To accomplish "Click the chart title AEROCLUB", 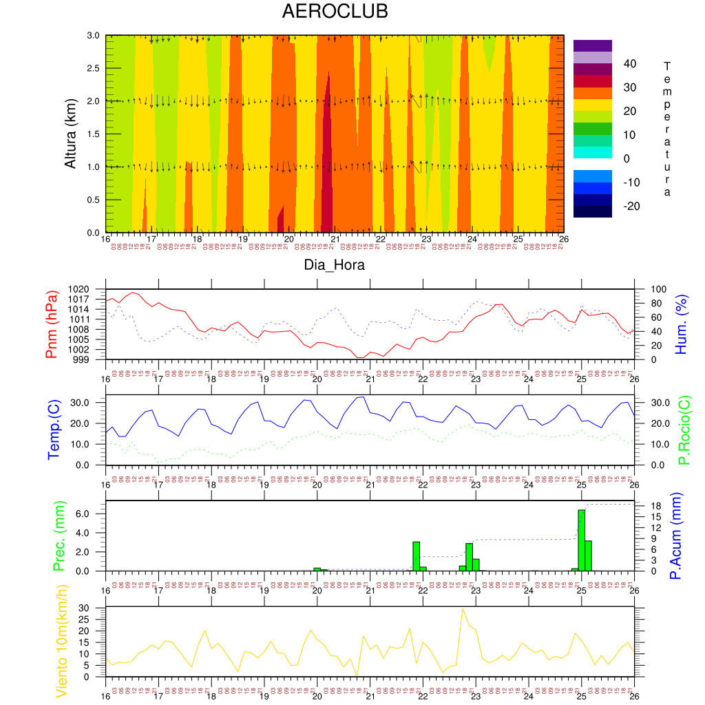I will (335, 12).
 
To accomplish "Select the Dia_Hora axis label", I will (335, 264).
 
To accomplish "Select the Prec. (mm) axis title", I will (59, 536).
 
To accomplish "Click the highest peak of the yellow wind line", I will (463, 609).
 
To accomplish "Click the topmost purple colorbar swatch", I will (592, 45).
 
